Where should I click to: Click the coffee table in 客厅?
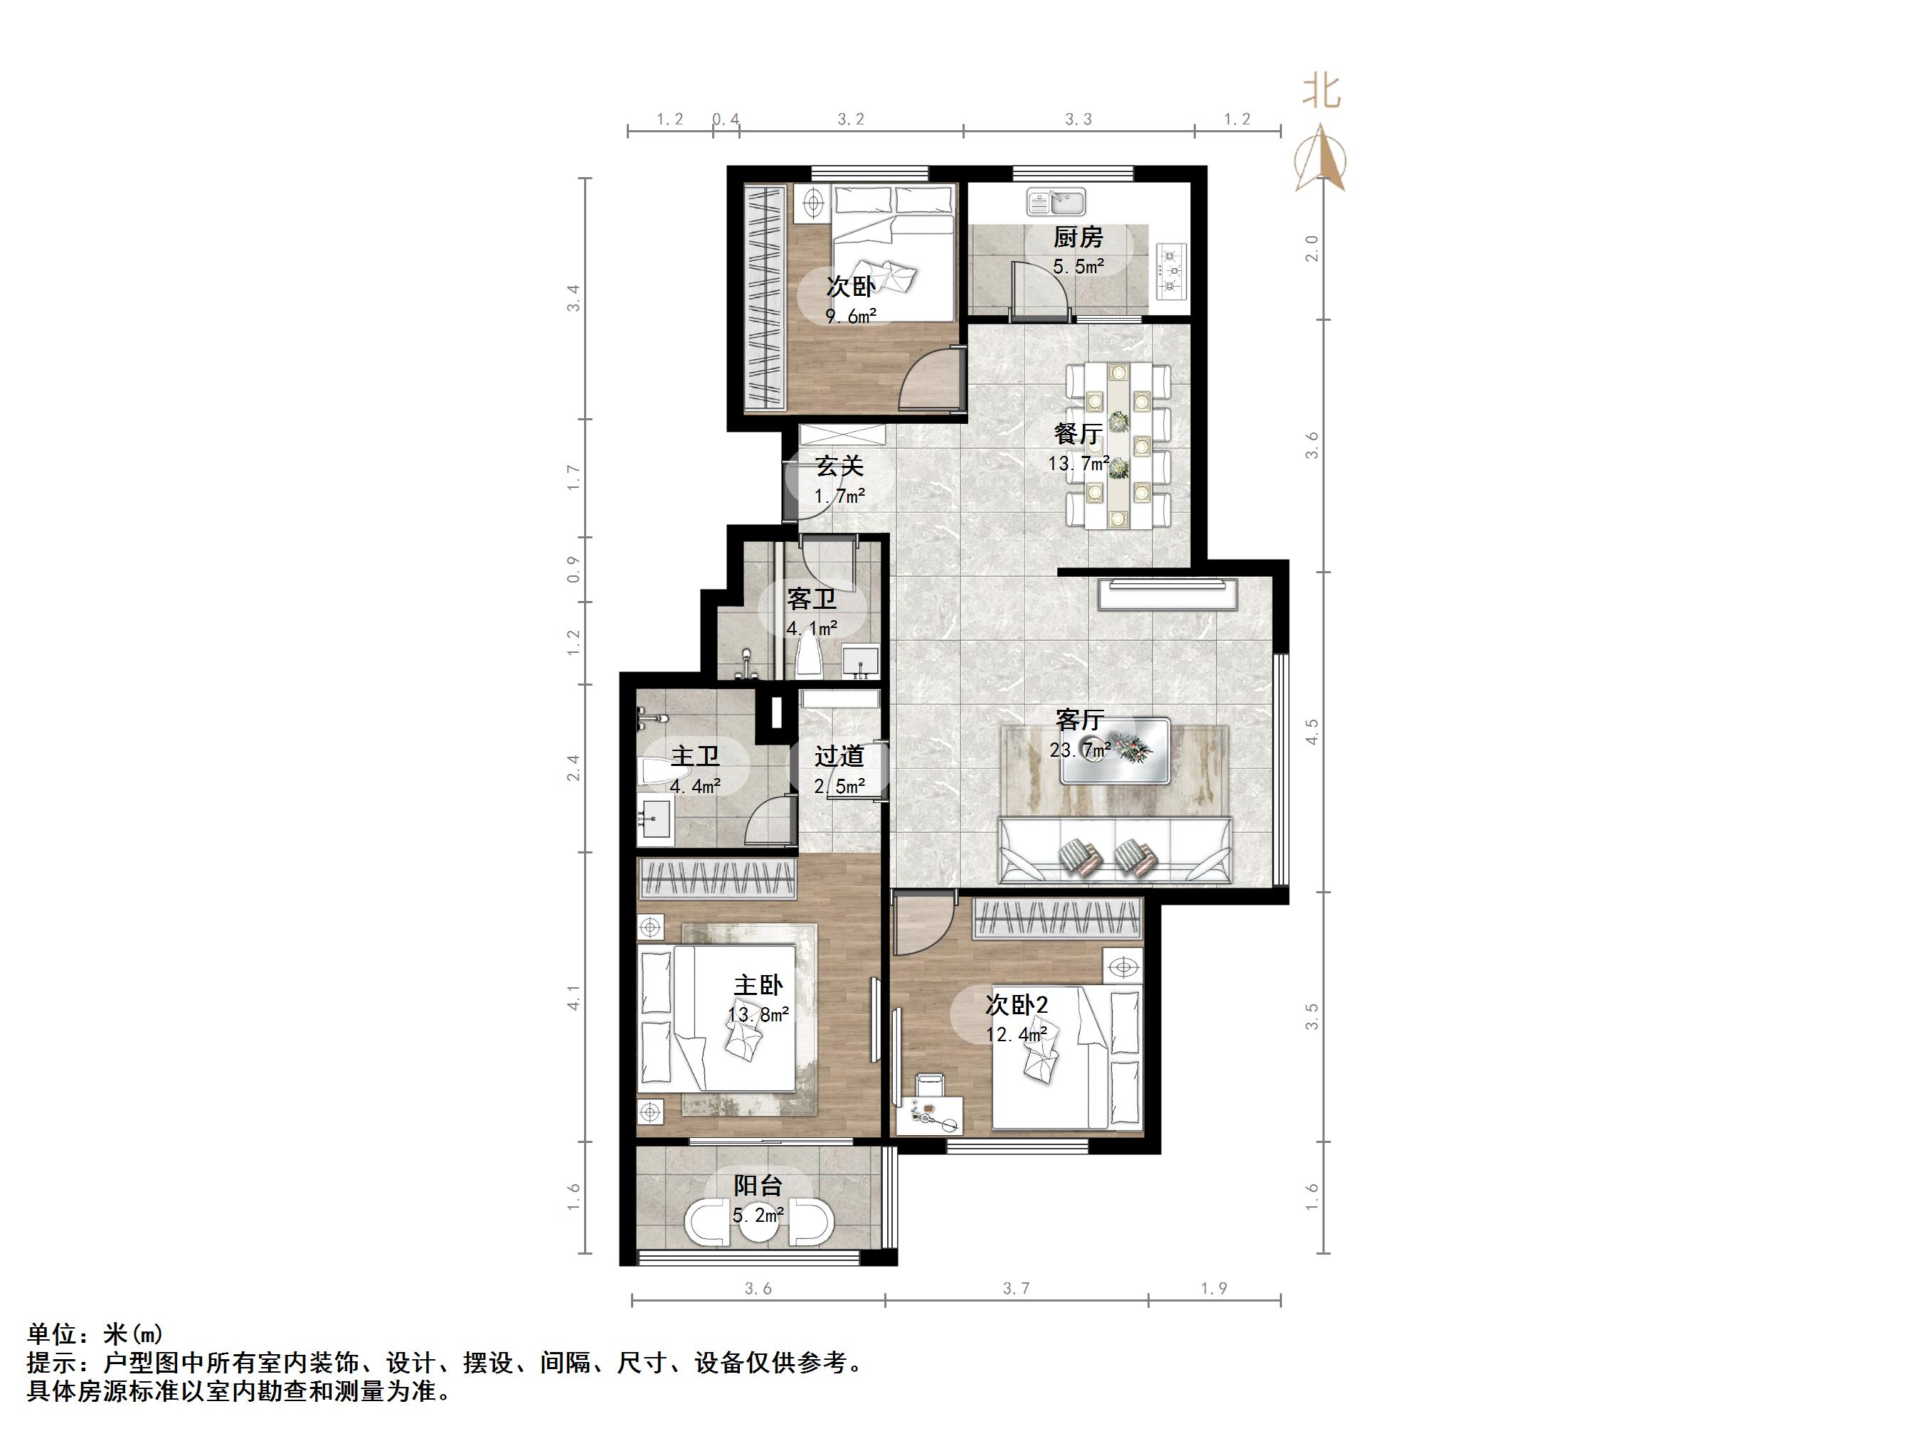click(x=1115, y=750)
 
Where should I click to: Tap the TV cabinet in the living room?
click(x=1169, y=595)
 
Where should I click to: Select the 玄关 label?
click(x=839, y=467)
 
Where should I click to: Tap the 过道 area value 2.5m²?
click(x=839, y=786)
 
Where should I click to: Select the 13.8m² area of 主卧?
click(x=758, y=1014)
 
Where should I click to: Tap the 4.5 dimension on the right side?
click(x=1312, y=733)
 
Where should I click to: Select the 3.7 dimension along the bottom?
click(x=1016, y=1289)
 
